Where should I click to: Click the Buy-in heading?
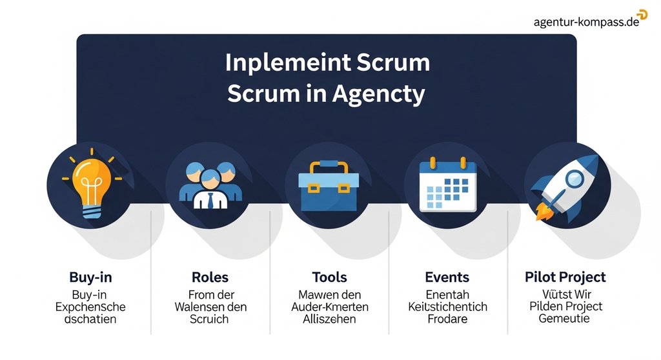[90, 277]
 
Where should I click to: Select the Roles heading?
[210, 277]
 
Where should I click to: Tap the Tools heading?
[329, 277]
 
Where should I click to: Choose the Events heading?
[447, 277]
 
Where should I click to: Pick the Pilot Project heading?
[565, 277]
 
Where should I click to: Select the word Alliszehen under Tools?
[329, 319]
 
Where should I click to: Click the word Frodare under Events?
[447, 319]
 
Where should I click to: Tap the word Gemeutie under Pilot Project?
[565, 319]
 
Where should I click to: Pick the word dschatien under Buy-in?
[90, 319]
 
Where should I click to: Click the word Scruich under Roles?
[210, 319]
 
